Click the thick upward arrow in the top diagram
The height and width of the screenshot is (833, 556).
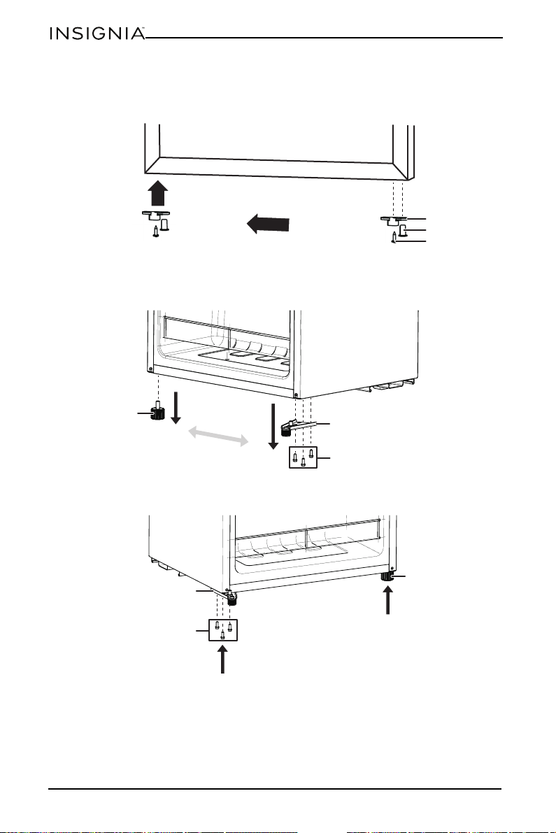158,193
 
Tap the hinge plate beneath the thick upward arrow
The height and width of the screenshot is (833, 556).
155,215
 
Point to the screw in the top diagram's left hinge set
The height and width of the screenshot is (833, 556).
155,232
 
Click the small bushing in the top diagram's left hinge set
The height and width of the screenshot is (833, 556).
164,224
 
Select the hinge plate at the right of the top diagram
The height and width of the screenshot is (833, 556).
394,220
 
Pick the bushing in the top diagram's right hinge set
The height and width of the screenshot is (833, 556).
403,229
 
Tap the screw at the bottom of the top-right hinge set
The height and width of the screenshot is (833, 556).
394,238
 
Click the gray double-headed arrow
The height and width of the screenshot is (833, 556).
219,436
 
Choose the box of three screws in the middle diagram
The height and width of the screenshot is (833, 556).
303,457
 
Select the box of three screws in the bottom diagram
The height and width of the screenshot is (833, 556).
223,629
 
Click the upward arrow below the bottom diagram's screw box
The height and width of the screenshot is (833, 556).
223,658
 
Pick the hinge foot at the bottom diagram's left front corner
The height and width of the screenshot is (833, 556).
231,599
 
